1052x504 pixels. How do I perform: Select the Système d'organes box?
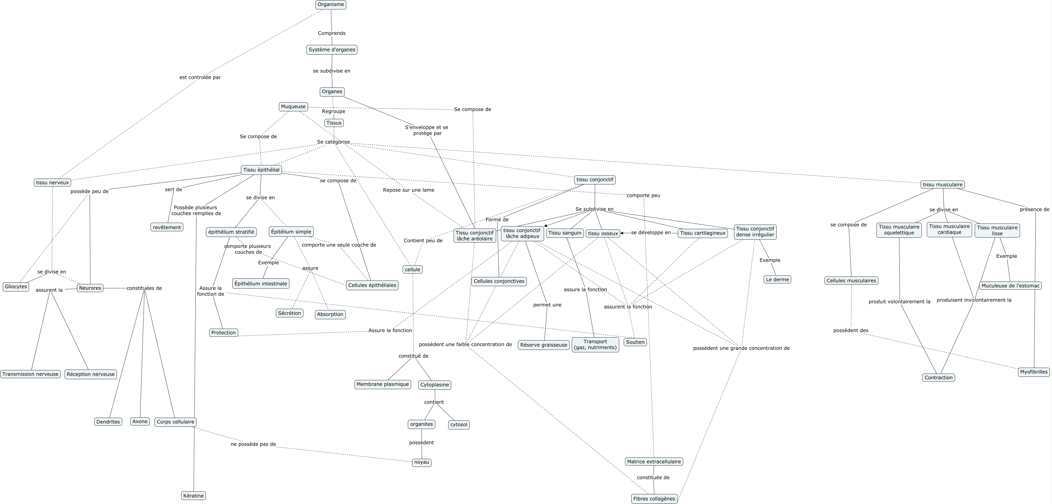pos(332,49)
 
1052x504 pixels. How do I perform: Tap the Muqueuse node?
pos(293,107)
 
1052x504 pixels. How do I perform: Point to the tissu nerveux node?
pos(52,182)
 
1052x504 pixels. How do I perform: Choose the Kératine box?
pos(193,495)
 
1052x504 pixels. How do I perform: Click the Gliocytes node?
pos(16,286)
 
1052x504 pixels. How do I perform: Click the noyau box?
pos(422,462)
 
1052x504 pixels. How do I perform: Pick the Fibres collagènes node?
pos(654,499)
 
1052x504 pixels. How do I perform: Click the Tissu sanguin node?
pos(564,233)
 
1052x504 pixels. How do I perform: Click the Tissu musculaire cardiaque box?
pos(949,229)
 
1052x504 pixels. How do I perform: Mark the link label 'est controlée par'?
pos(200,77)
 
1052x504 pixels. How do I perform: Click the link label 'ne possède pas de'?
pos(253,444)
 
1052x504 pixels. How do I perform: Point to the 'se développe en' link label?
pos(651,233)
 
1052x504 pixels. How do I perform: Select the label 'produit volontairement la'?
pos(899,301)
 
